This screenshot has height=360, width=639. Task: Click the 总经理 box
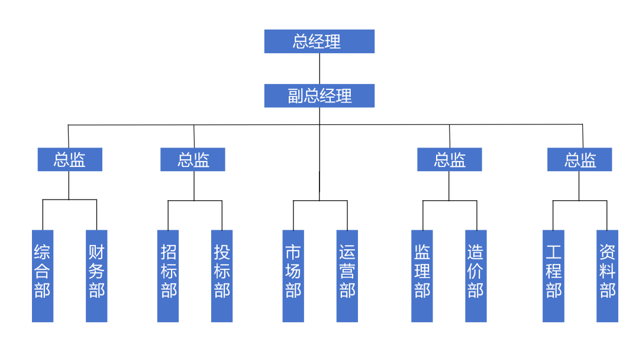pyautogui.click(x=319, y=41)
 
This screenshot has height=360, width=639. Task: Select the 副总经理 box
pyautogui.click(x=319, y=96)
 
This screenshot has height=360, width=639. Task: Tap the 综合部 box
pyautogui.click(x=43, y=276)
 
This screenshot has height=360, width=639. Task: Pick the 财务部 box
pyautogui.click(x=96, y=276)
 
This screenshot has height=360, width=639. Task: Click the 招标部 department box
pyautogui.click(x=168, y=276)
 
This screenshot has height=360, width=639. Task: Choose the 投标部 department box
pyautogui.click(x=222, y=276)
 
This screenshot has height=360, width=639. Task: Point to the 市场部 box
pyautogui.click(x=293, y=276)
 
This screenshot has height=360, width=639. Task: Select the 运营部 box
pyautogui.click(x=347, y=276)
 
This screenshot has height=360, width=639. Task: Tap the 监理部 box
pyautogui.click(x=422, y=276)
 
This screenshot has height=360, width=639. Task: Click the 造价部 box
pyautogui.click(x=476, y=276)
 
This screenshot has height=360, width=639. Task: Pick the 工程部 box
pyautogui.click(x=553, y=276)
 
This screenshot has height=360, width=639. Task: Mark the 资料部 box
pyautogui.click(x=607, y=276)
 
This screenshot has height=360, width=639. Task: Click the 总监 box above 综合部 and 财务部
pyautogui.click(x=70, y=160)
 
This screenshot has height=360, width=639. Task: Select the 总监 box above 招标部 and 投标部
pyautogui.click(x=193, y=160)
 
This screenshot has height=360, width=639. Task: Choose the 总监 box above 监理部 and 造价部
pyautogui.click(x=450, y=160)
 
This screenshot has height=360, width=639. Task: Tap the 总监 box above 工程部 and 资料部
pyautogui.click(x=579, y=160)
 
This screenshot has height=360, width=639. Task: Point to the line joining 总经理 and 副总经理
pyautogui.click(x=319, y=69)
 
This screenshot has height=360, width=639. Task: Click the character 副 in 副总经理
pyautogui.click(x=295, y=96)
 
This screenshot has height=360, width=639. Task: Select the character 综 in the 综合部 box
pyautogui.click(x=43, y=253)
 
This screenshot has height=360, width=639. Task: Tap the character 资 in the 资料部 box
pyautogui.click(x=607, y=253)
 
